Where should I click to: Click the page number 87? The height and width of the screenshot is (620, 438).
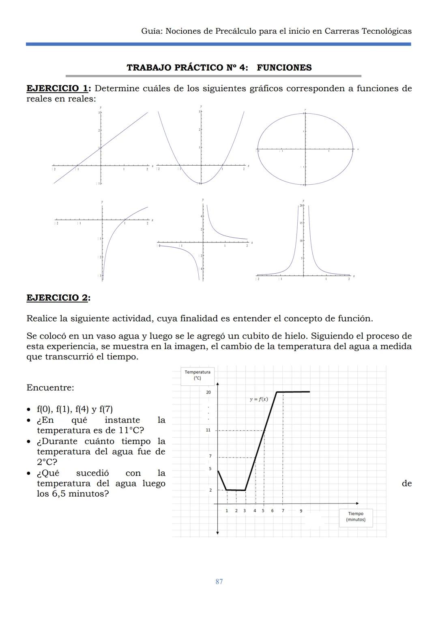tap(219, 581)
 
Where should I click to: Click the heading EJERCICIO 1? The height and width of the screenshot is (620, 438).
tap(58, 89)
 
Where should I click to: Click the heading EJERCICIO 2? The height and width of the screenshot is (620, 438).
tap(58, 298)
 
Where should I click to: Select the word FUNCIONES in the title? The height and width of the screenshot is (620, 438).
tap(284, 67)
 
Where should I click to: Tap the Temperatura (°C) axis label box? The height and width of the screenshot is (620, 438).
tap(197, 375)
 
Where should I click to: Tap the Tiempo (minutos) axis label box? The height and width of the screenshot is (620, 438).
tap(356, 516)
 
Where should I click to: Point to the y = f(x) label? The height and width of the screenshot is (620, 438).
tap(258, 399)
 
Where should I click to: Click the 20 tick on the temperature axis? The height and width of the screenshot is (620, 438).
tap(208, 392)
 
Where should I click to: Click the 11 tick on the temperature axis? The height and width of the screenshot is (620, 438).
tap(208, 430)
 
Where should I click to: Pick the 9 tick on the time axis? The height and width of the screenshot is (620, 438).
tap(301, 511)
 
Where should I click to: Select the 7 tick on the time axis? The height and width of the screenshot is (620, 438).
tap(283, 511)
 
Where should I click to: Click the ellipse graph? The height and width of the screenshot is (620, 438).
tap(305, 149)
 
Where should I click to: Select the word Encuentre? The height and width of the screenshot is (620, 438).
tap(50, 388)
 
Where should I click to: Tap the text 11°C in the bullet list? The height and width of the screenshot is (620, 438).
tap(131, 430)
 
